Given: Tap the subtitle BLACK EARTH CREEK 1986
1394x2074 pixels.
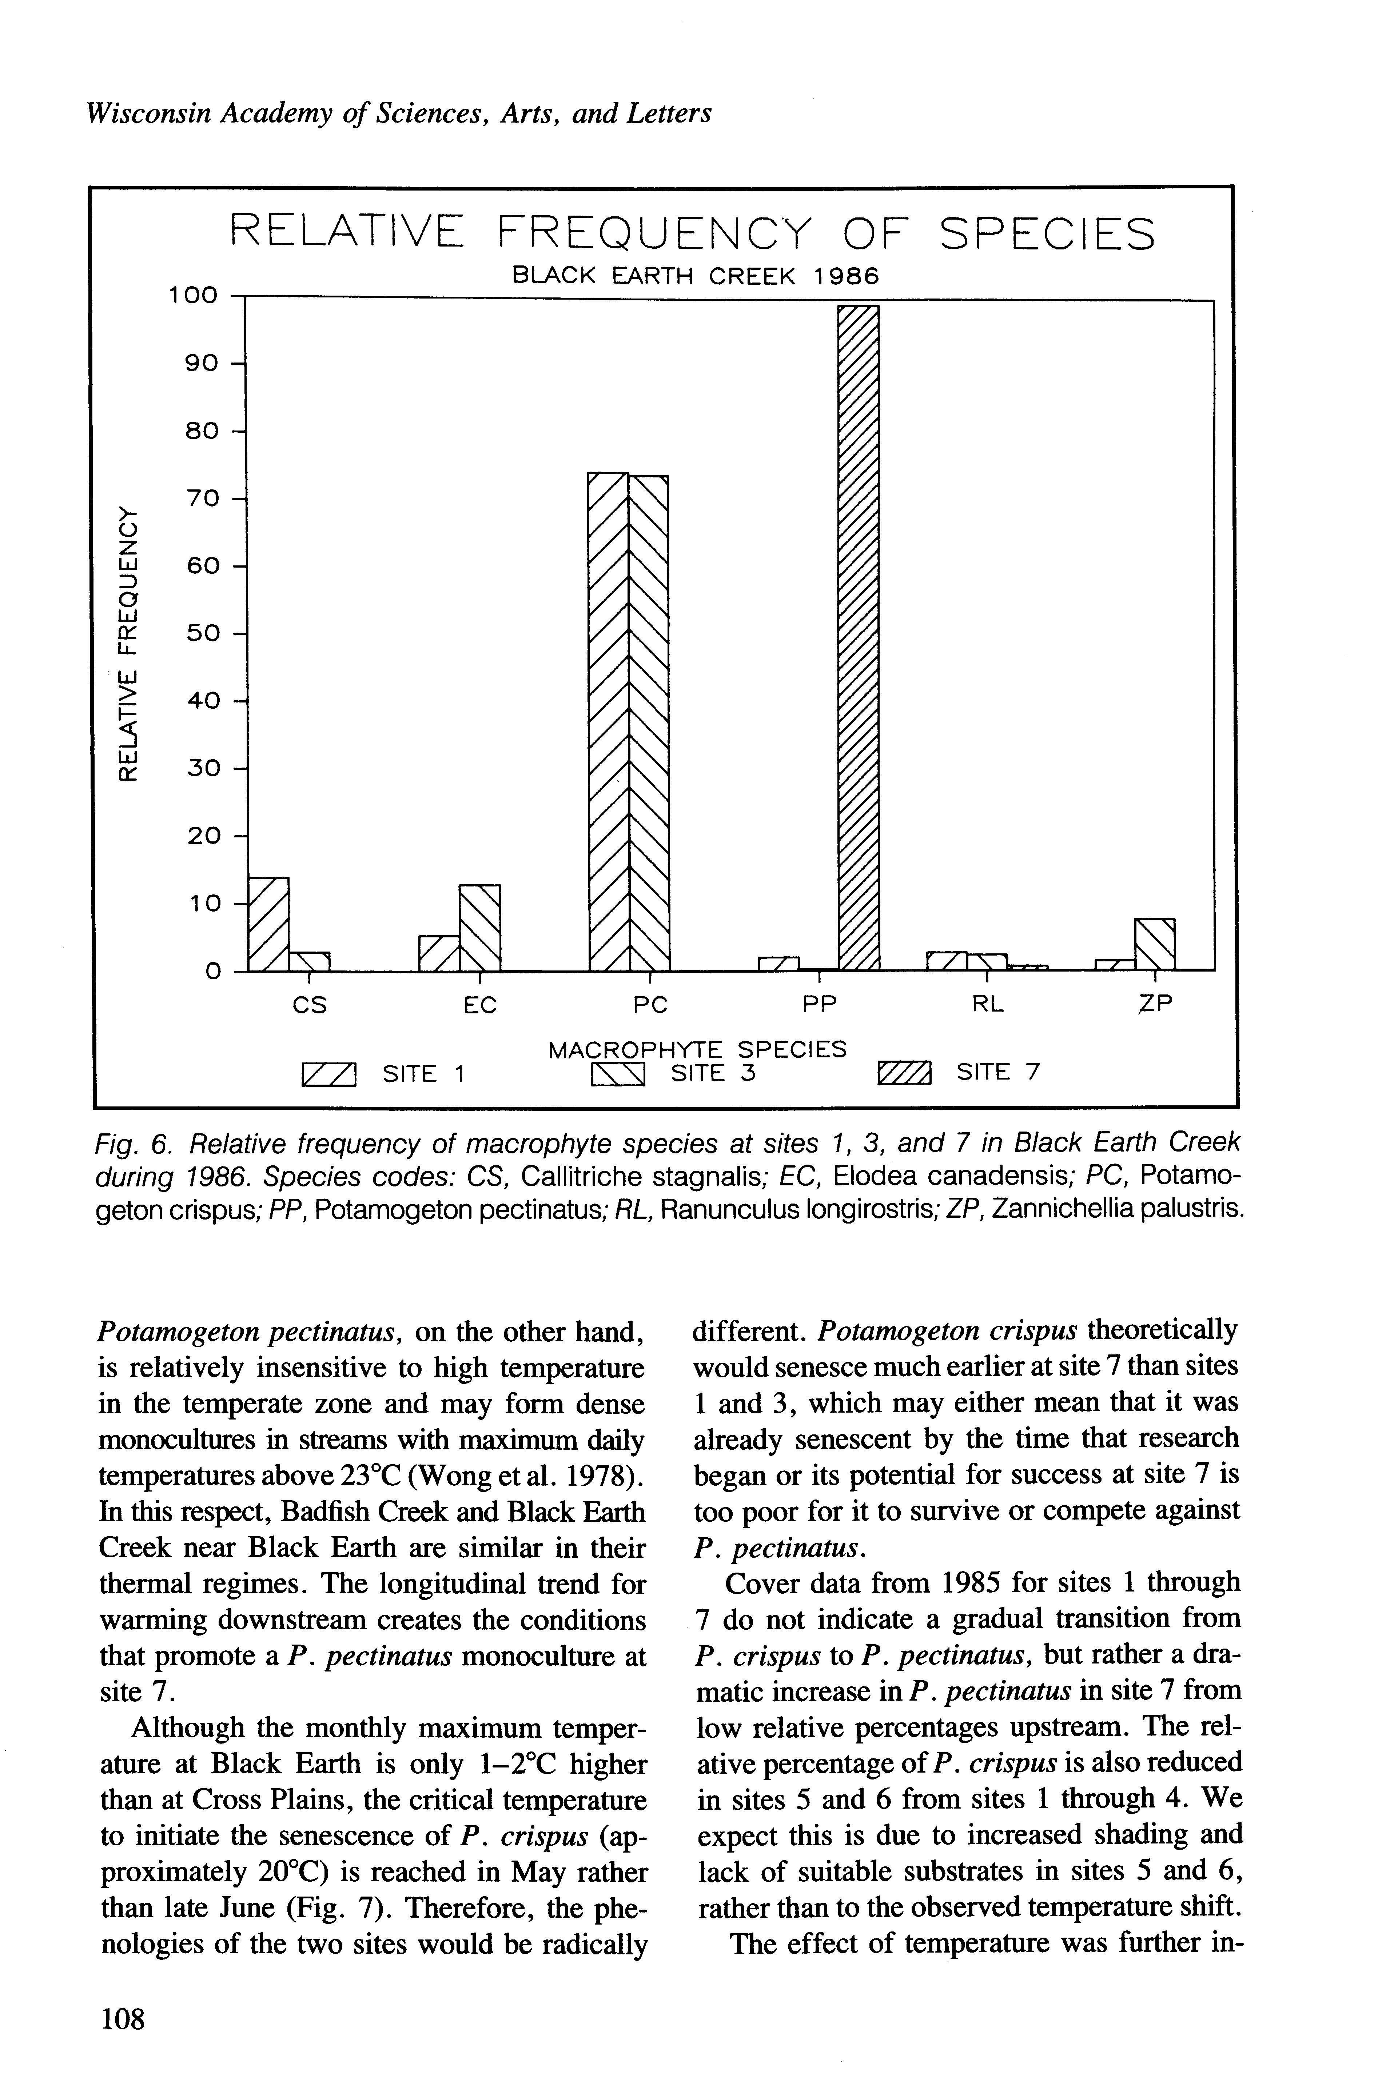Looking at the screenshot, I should pyautogui.click(x=695, y=276).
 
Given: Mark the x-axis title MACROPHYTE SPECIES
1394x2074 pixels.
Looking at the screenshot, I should pyautogui.click(x=698, y=1049).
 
